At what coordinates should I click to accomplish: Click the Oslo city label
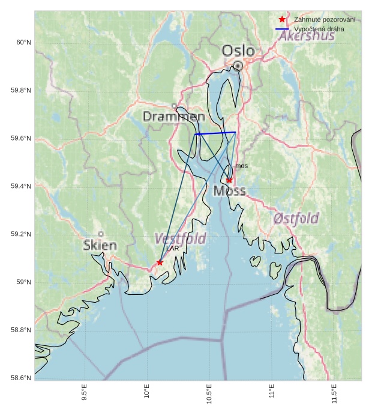pyautogui.click(x=238, y=52)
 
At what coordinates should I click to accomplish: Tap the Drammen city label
pyautogui.click(x=173, y=117)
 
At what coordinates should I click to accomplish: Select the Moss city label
pyautogui.click(x=229, y=191)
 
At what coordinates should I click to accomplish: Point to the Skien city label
pyautogui.click(x=100, y=245)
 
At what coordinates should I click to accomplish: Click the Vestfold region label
pyautogui.click(x=180, y=238)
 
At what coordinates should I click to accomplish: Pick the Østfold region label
pyautogui.click(x=296, y=218)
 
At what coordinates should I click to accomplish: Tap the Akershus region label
pyautogui.click(x=307, y=37)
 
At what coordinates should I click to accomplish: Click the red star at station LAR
pyautogui.click(x=160, y=262)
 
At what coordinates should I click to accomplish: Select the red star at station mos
pyautogui.click(x=229, y=180)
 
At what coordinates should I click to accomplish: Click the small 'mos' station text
pyautogui.click(x=241, y=166)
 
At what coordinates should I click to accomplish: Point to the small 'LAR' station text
pyautogui.click(x=172, y=248)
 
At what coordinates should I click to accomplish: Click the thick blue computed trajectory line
pyautogui.click(x=216, y=133)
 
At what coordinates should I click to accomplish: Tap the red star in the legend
pyautogui.click(x=282, y=20)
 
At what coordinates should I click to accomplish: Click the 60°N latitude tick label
pyautogui.click(x=23, y=42)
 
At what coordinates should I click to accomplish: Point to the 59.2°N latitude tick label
pyautogui.click(x=21, y=234)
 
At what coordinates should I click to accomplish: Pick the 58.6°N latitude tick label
pyautogui.click(x=21, y=378)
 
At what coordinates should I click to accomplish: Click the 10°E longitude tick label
pyautogui.click(x=147, y=393)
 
